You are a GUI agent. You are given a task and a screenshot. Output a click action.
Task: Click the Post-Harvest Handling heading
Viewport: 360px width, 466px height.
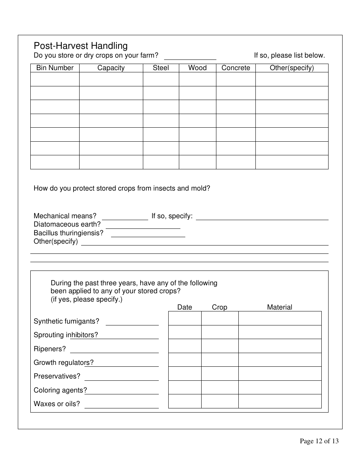tap(81, 46)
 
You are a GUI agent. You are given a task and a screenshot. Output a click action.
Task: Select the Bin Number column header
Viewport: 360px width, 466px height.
tap(55, 68)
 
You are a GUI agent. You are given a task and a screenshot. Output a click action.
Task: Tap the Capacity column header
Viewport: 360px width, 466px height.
tap(111, 68)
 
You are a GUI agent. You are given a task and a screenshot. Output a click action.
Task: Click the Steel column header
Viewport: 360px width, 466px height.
tap(161, 68)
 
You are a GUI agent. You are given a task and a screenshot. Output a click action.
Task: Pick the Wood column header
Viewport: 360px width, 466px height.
tap(197, 68)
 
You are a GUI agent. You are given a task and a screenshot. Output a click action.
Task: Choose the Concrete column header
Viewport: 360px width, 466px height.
tap(236, 68)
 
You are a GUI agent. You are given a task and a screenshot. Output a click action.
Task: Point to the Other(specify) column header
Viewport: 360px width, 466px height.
tap(292, 68)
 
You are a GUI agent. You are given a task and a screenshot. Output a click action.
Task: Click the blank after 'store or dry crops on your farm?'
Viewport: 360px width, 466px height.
tap(190, 56)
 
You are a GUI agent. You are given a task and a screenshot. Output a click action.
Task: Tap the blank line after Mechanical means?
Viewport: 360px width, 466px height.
tap(125, 217)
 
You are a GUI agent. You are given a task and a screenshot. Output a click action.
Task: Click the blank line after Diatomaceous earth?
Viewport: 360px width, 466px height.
tap(143, 225)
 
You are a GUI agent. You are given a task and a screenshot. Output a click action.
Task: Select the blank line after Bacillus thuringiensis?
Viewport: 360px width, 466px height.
tap(148, 234)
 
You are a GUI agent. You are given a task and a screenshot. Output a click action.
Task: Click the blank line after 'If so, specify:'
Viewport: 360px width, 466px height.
tap(262, 217)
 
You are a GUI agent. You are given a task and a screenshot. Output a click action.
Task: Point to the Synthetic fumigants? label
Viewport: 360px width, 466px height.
tap(66, 321)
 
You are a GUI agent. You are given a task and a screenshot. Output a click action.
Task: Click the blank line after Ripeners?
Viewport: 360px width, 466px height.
tap(114, 349)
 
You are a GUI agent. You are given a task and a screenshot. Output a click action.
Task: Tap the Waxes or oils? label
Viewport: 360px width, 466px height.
tap(57, 404)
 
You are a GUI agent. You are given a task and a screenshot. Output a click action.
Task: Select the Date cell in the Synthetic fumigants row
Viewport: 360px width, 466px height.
tap(185, 318)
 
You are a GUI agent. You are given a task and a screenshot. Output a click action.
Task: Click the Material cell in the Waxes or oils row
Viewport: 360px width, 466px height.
tap(280, 401)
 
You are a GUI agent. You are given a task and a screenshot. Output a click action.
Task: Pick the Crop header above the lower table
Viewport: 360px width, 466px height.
tap(219, 307)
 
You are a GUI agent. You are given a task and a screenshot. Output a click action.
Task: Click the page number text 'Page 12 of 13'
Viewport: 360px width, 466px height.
tap(319, 441)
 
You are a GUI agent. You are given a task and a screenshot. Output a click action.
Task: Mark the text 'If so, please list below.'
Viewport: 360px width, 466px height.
tap(289, 55)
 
